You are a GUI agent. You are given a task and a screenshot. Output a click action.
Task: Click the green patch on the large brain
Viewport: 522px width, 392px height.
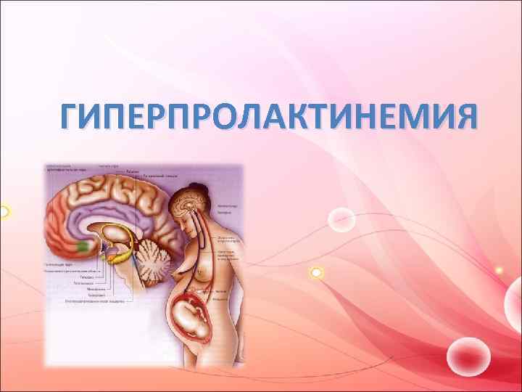point(83,246)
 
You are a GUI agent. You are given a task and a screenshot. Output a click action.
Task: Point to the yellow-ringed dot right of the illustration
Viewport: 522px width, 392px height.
point(316,272)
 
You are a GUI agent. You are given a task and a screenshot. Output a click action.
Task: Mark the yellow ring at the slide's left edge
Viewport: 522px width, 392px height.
point(3,212)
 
